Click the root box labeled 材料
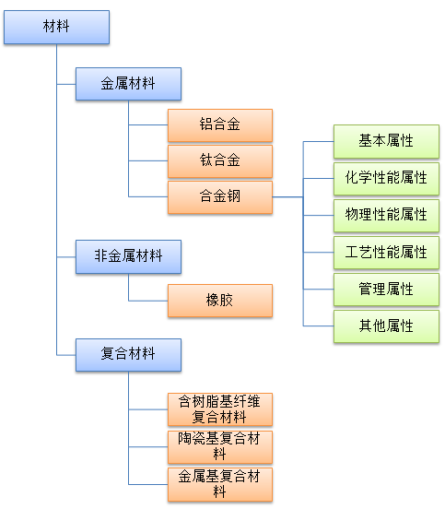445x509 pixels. [x=56, y=27]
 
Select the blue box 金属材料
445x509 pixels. [x=128, y=84]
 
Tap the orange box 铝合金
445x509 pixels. [x=220, y=125]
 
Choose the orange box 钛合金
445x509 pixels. [x=220, y=161]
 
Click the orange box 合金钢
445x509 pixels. [x=220, y=197]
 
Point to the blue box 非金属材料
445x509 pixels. [x=128, y=256]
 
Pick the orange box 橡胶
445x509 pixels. [x=220, y=301]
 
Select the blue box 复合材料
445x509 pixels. [x=128, y=355]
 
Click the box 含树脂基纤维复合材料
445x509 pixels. [x=220, y=409]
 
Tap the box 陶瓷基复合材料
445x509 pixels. [x=220, y=447]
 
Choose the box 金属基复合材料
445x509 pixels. [x=220, y=485]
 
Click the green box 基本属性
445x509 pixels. [x=386, y=141]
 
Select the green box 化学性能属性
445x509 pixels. [x=386, y=179]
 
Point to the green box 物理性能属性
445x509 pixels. [x=386, y=216]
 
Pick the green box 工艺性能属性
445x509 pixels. [x=386, y=253]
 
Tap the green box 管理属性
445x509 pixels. [x=386, y=290]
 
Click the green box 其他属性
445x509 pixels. [x=386, y=326]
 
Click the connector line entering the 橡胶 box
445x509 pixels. [x=148, y=301]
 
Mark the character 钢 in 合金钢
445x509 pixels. [x=233, y=196]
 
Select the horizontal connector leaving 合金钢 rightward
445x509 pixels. [x=287, y=197]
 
